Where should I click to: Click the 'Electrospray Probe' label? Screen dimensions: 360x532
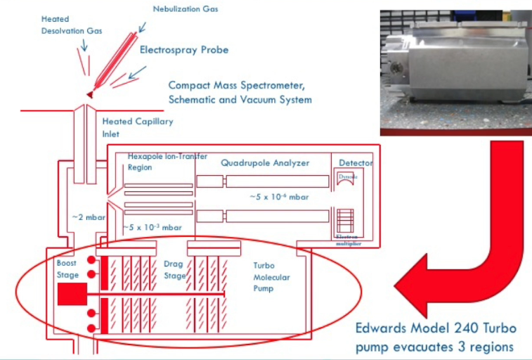184,50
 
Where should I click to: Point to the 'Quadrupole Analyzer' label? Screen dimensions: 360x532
265,162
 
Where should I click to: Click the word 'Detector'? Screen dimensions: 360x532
356,163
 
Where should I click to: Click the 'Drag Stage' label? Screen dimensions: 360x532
174,269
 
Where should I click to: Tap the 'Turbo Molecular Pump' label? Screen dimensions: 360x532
271,278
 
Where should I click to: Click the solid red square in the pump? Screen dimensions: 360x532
71,293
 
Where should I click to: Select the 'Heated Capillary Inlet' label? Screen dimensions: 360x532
138,127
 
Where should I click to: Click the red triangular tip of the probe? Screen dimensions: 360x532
90,93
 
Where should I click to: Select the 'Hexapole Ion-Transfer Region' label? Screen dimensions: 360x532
160,161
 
